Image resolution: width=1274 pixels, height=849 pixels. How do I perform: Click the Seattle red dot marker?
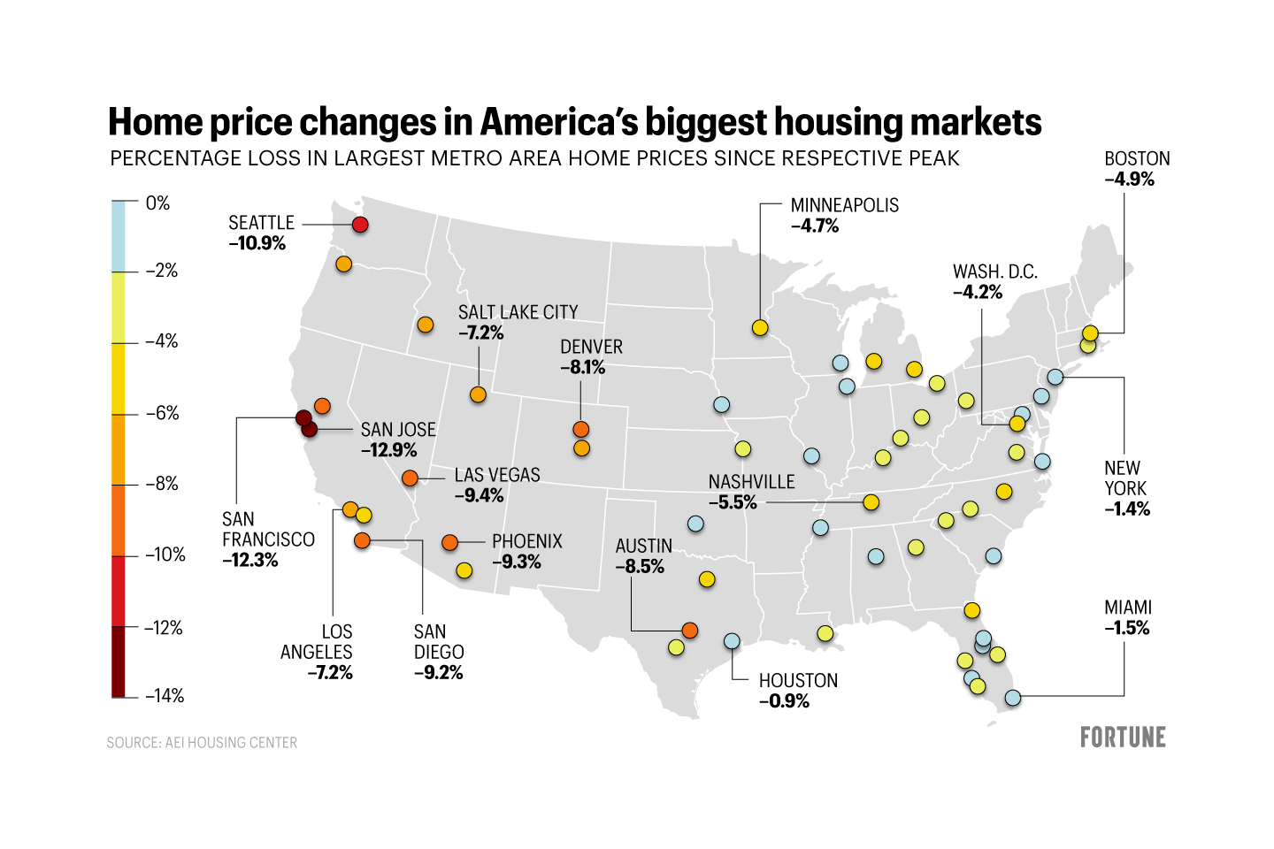click(x=360, y=225)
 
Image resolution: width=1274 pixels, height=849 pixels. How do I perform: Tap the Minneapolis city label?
click(x=844, y=205)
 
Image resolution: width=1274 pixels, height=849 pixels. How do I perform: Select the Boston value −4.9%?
click(x=1130, y=180)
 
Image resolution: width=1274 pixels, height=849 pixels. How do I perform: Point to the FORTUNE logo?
click(x=1123, y=738)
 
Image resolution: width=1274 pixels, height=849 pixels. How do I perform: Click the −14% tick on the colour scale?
click(x=165, y=696)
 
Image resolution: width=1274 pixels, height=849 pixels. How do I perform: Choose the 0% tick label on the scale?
click(x=157, y=203)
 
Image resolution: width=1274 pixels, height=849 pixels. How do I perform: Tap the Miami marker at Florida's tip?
click(x=1013, y=698)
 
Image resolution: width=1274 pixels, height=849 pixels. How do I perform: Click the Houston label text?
click(x=798, y=681)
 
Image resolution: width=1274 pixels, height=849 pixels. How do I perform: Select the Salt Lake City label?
click(x=518, y=312)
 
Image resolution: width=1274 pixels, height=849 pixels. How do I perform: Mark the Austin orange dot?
click(x=690, y=631)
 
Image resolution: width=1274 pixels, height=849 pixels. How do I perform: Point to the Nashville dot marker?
click(x=871, y=502)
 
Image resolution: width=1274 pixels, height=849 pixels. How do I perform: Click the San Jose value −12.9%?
click(x=388, y=450)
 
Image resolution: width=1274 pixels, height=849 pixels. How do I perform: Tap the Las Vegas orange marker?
click(x=410, y=478)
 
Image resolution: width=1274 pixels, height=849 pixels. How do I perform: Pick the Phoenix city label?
click(x=527, y=541)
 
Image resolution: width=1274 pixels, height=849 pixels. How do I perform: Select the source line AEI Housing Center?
click(x=202, y=743)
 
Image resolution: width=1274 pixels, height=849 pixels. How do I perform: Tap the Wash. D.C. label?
click(x=994, y=272)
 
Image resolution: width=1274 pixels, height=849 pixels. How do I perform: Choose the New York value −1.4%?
click(x=1127, y=509)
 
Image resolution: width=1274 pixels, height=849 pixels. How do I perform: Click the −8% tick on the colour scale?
click(x=162, y=484)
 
